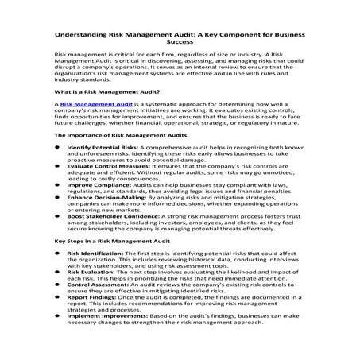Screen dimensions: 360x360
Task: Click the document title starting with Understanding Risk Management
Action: click(180, 36)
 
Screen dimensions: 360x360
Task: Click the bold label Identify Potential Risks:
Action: click(103, 170)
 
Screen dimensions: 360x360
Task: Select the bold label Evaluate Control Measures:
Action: click(107, 189)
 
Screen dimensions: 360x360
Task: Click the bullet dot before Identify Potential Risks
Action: click(56, 170)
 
